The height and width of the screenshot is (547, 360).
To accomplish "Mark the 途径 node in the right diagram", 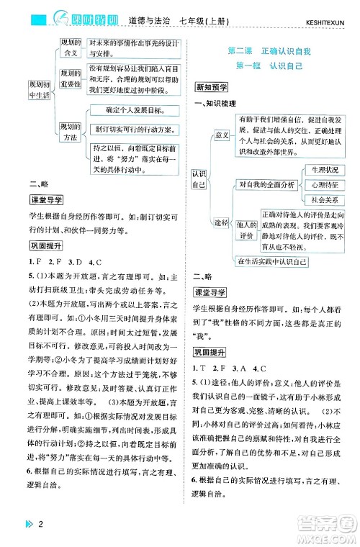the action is pos(221,222).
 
